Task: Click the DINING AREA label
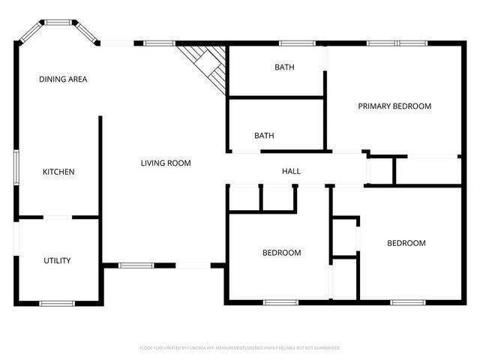pyautogui.click(x=64, y=79)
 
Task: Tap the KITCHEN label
pyautogui.click(x=58, y=172)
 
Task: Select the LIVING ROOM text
pyautogui.click(x=166, y=163)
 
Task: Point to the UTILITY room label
pyautogui.click(x=57, y=261)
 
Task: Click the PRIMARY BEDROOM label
pyautogui.click(x=394, y=106)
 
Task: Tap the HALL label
pyautogui.click(x=291, y=172)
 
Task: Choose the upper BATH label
pyautogui.click(x=284, y=67)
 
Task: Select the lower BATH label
pyautogui.click(x=264, y=136)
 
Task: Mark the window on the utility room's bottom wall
pyautogui.click(x=57, y=303)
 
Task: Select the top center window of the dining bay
pyautogui.click(x=57, y=22)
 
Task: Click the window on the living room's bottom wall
pyautogui.click(x=136, y=265)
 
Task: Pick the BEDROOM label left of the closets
pyautogui.click(x=281, y=253)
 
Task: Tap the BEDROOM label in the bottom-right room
pyautogui.click(x=406, y=243)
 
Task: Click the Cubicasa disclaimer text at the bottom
pyautogui.click(x=240, y=348)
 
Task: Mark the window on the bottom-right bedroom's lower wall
pyautogui.click(x=408, y=302)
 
